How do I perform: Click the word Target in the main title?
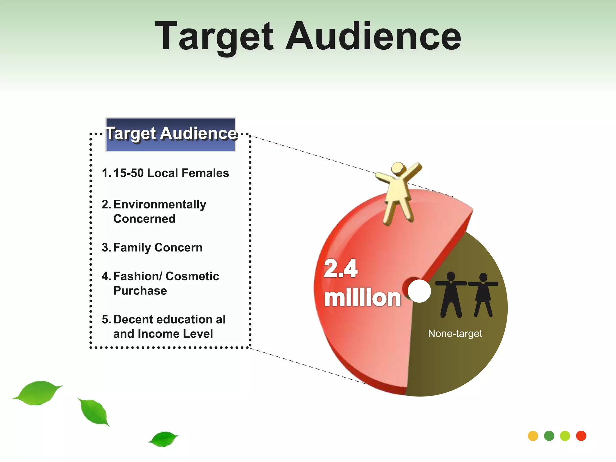[x=214, y=37]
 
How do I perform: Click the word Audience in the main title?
[x=373, y=37]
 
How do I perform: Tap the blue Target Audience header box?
[x=171, y=134]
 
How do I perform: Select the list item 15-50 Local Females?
[x=171, y=173]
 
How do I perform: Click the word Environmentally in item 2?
[x=160, y=205]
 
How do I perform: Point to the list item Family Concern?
[x=158, y=248]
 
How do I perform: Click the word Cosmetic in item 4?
[x=192, y=276]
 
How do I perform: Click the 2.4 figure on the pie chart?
[x=340, y=268]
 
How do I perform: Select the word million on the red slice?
[x=362, y=298]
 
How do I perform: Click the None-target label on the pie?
[x=455, y=334]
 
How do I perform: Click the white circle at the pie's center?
[x=419, y=291]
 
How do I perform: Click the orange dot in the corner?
[x=533, y=436]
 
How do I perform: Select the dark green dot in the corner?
[x=549, y=436]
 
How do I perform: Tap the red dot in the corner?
[x=581, y=436]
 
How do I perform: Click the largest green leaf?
[x=38, y=393]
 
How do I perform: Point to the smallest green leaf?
[x=164, y=439]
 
